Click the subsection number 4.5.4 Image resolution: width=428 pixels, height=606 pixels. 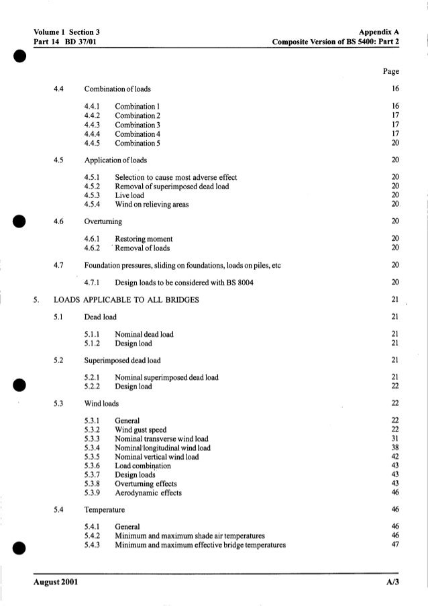(x=93, y=204)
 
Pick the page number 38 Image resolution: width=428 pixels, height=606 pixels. (x=394, y=448)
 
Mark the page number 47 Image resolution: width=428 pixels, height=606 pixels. (x=394, y=544)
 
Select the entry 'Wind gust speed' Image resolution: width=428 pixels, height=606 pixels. (x=142, y=430)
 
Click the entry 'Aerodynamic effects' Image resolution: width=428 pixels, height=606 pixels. (x=148, y=493)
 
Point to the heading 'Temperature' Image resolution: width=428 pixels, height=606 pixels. (x=103, y=510)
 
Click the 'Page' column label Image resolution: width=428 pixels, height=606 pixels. (x=391, y=71)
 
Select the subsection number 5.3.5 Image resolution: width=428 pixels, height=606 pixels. (x=93, y=456)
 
